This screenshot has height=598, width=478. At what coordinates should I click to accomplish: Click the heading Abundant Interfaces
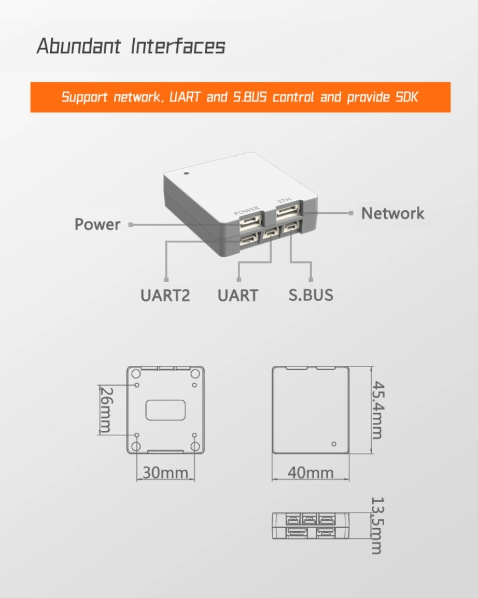coord(131,46)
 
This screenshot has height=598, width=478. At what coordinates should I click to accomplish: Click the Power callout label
coord(97,225)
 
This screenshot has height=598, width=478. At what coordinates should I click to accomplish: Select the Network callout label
coord(392,213)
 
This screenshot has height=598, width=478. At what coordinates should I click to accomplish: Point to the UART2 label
coord(165,295)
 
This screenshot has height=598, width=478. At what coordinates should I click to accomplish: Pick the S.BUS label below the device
coord(311,295)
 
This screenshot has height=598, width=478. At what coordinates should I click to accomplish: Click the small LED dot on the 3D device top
coord(186,173)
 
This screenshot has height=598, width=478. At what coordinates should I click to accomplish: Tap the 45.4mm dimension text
coord(378,410)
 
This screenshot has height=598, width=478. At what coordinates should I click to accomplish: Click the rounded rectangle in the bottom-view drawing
coord(165,410)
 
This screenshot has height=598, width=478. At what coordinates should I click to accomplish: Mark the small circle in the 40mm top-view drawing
coord(333,444)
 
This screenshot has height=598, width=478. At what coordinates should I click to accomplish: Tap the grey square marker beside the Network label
coord(351,213)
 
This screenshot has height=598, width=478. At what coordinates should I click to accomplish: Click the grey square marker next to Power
coord(130,225)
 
